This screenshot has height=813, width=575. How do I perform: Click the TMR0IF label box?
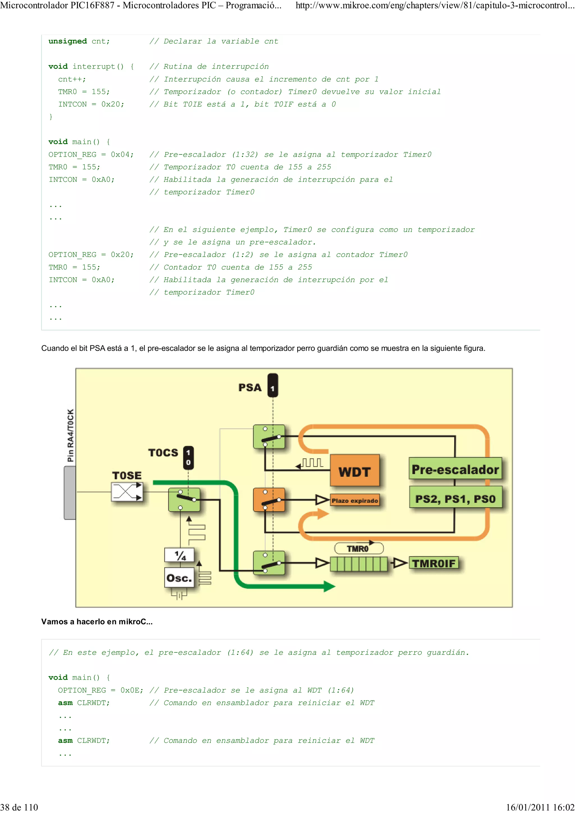coord(434,563)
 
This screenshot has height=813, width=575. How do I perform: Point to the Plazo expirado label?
coord(355,500)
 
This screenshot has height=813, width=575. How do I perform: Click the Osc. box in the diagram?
coord(179,578)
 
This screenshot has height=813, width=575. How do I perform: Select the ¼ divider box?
coord(180,555)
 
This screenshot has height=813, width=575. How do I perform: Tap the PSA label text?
coord(250,387)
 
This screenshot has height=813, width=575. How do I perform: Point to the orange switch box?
coord(269,500)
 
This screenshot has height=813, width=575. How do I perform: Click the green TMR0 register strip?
coord(359,563)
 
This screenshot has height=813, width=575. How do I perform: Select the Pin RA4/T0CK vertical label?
coord(70,435)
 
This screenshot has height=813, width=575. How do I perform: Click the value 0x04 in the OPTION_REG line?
coord(120,154)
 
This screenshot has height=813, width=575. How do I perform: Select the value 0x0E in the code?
coord(130,690)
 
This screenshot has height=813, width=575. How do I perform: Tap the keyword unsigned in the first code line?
coord(68,41)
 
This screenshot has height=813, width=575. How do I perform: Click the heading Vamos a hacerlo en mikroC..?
coord(97,621)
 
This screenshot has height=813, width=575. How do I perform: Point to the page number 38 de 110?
coord(19,807)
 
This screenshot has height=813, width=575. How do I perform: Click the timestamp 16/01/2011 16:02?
coord(540,807)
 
